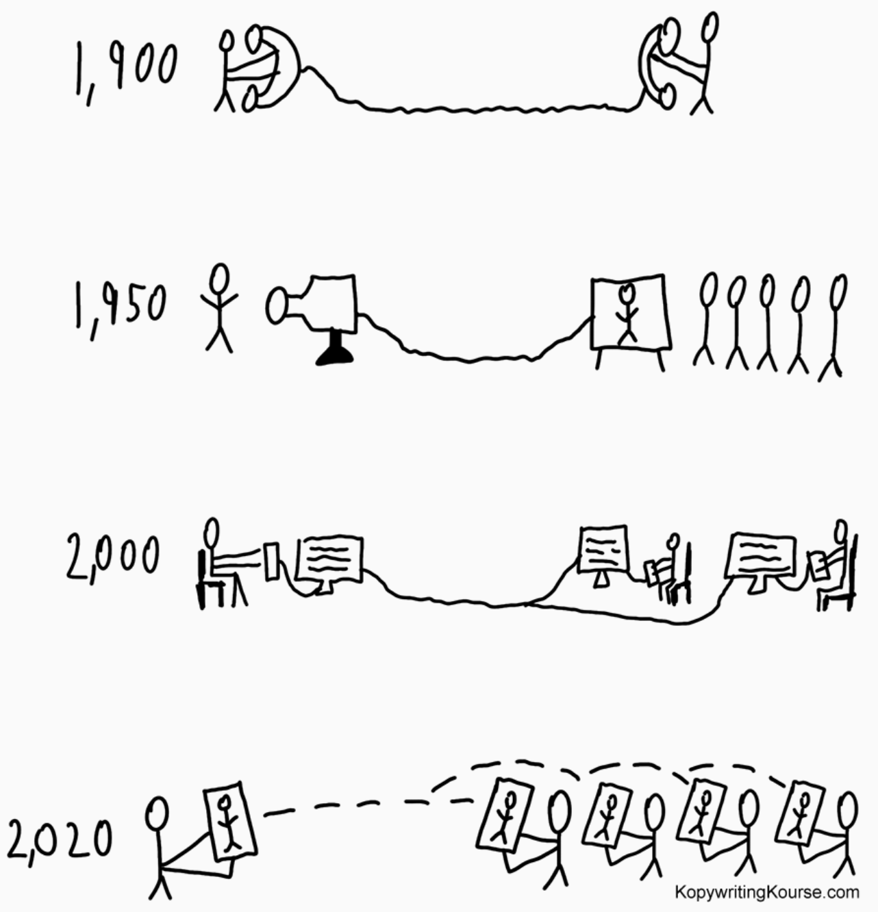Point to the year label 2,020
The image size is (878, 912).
coord(60,839)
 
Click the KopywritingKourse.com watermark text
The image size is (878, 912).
coord(767,891)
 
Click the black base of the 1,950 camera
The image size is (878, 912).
coord(335,349)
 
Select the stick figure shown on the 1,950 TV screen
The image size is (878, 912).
coord(627,313)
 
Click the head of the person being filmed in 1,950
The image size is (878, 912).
coord(219,279)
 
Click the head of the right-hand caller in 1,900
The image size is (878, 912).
coord(711,27)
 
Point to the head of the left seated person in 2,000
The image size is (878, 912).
coord(212,531)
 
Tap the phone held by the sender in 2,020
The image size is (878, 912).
coord(230,821)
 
